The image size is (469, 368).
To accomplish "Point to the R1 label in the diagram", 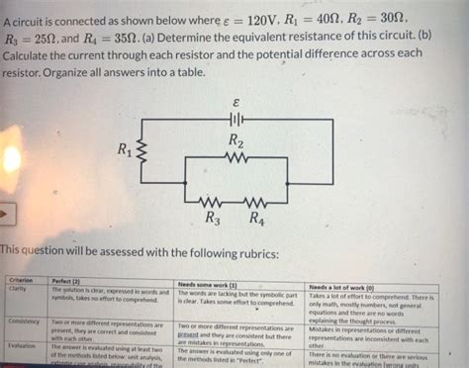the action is [125, 150].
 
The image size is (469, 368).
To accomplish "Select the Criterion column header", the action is [22, 281].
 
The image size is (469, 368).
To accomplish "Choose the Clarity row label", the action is [17, 290].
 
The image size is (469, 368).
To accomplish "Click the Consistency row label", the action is [24, 322].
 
